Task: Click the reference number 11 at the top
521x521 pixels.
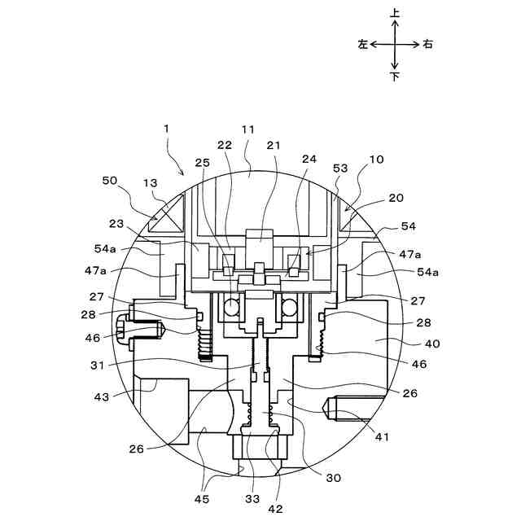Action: click(248, 129)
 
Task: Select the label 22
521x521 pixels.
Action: click(224, 145)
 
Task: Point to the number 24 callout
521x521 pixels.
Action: click(309, 160)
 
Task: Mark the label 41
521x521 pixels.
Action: click(382, 437)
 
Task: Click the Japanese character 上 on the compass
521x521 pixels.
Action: click(395, 13)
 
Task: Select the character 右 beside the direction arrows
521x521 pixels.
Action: click(427, 45)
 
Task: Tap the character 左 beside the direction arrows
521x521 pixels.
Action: click(362, 45)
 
